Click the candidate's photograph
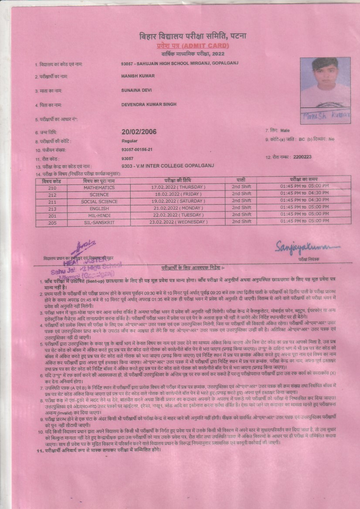click(325, 82)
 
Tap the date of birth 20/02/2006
click(139, 132)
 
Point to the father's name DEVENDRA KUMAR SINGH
click(149, 105)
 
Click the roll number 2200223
click(302, 157)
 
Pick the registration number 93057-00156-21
click(137, 149)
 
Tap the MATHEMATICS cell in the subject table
click(99, 187)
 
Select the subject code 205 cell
click(52, 222)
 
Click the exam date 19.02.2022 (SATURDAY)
click(177, 202)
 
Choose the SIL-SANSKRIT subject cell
click(99, 222)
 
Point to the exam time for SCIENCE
click(304, 194)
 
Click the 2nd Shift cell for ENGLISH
click(241, 209)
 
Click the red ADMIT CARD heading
click(192, 46)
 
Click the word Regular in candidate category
click(129, 141)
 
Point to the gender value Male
click(285, 131)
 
